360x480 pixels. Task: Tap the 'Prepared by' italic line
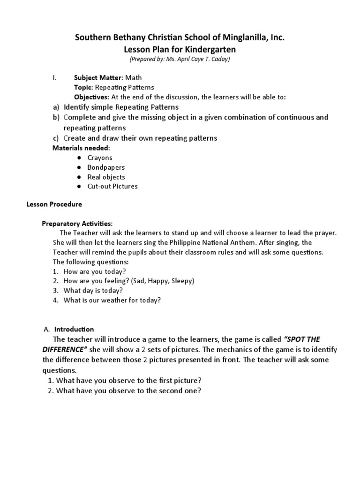point(180,60)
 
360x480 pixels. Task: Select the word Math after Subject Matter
point(133,78)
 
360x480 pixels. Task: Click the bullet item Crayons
point(100,158)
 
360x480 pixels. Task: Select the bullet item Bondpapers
point(106,167)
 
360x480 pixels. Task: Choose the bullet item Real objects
point(106,177)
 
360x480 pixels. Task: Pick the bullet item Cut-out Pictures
point(112,187)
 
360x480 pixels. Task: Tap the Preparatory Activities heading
point(77,223)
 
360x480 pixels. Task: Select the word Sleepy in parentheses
point(180,281)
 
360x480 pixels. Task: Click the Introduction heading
point(74,329)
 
